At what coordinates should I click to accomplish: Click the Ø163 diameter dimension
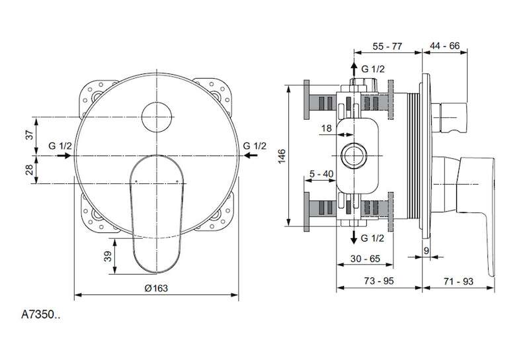point(156,288)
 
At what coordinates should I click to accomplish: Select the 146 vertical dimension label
point(282,156)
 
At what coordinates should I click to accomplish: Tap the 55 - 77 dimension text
point(387,46)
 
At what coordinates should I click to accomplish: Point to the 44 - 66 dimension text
point(444,46)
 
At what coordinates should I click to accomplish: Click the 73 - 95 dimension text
point(379,281)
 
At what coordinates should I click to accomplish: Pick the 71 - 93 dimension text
point(458,281)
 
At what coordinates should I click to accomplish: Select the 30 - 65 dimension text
point(365,259)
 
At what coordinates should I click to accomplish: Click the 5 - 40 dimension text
point(321,174)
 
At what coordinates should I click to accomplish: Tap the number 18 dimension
point(326,128)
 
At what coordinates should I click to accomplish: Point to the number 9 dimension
point(426,251)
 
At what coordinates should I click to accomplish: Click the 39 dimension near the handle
point(108,257)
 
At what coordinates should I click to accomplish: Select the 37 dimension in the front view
point(30,135)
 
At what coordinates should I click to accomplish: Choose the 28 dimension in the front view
point(30,169)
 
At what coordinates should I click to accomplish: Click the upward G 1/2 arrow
point(354,69)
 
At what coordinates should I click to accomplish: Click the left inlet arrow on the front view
point(64,156)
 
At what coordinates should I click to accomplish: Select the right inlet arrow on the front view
point(251,156)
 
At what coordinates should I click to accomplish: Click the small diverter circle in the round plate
point(157,117)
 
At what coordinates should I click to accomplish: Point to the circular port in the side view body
point(353,156)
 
